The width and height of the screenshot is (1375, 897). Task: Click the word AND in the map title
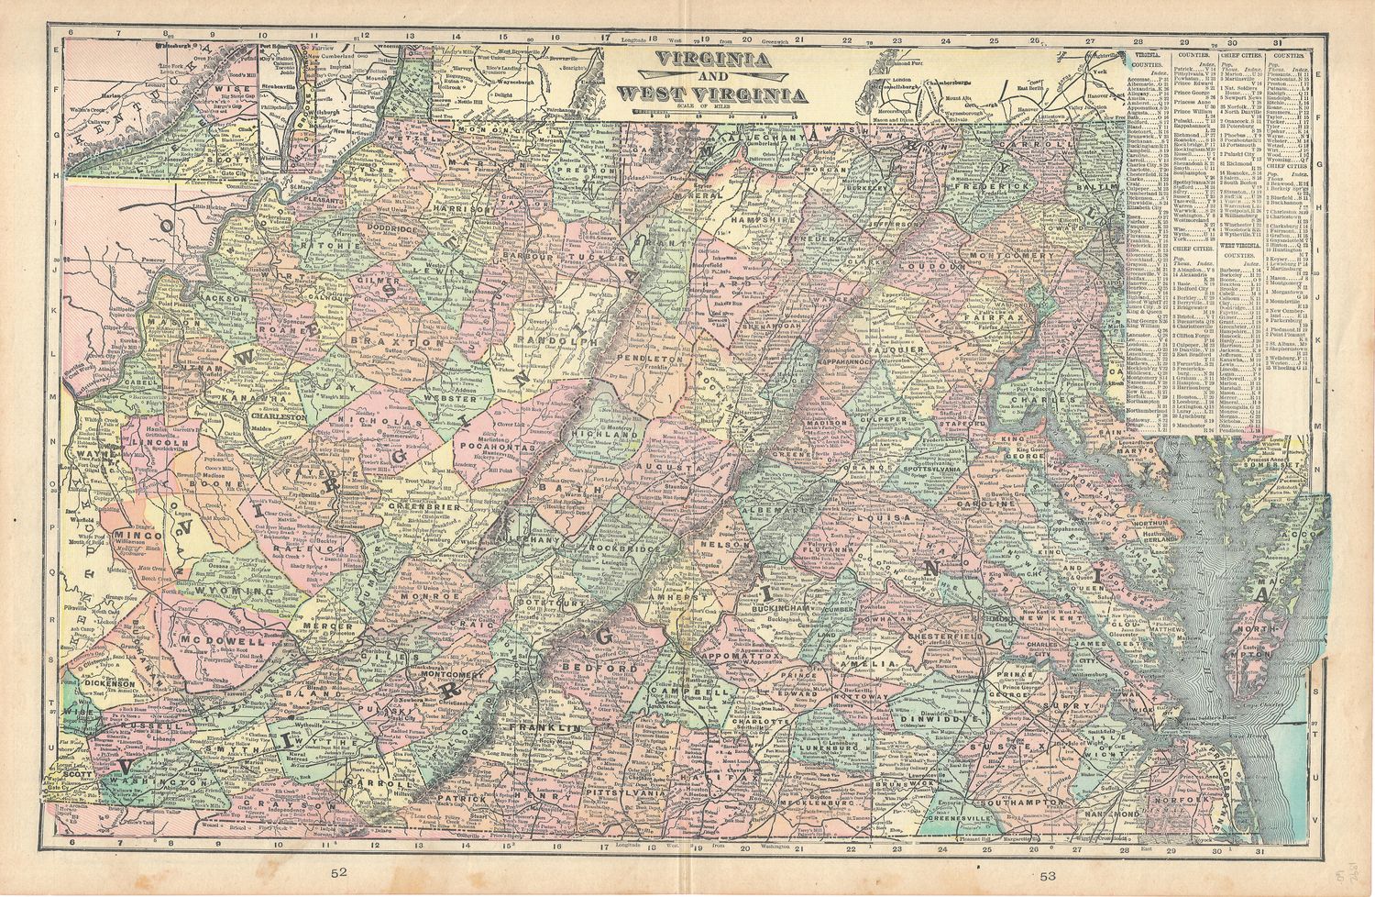coord(712,78)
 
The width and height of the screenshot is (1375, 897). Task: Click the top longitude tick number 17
coord(605,39)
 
